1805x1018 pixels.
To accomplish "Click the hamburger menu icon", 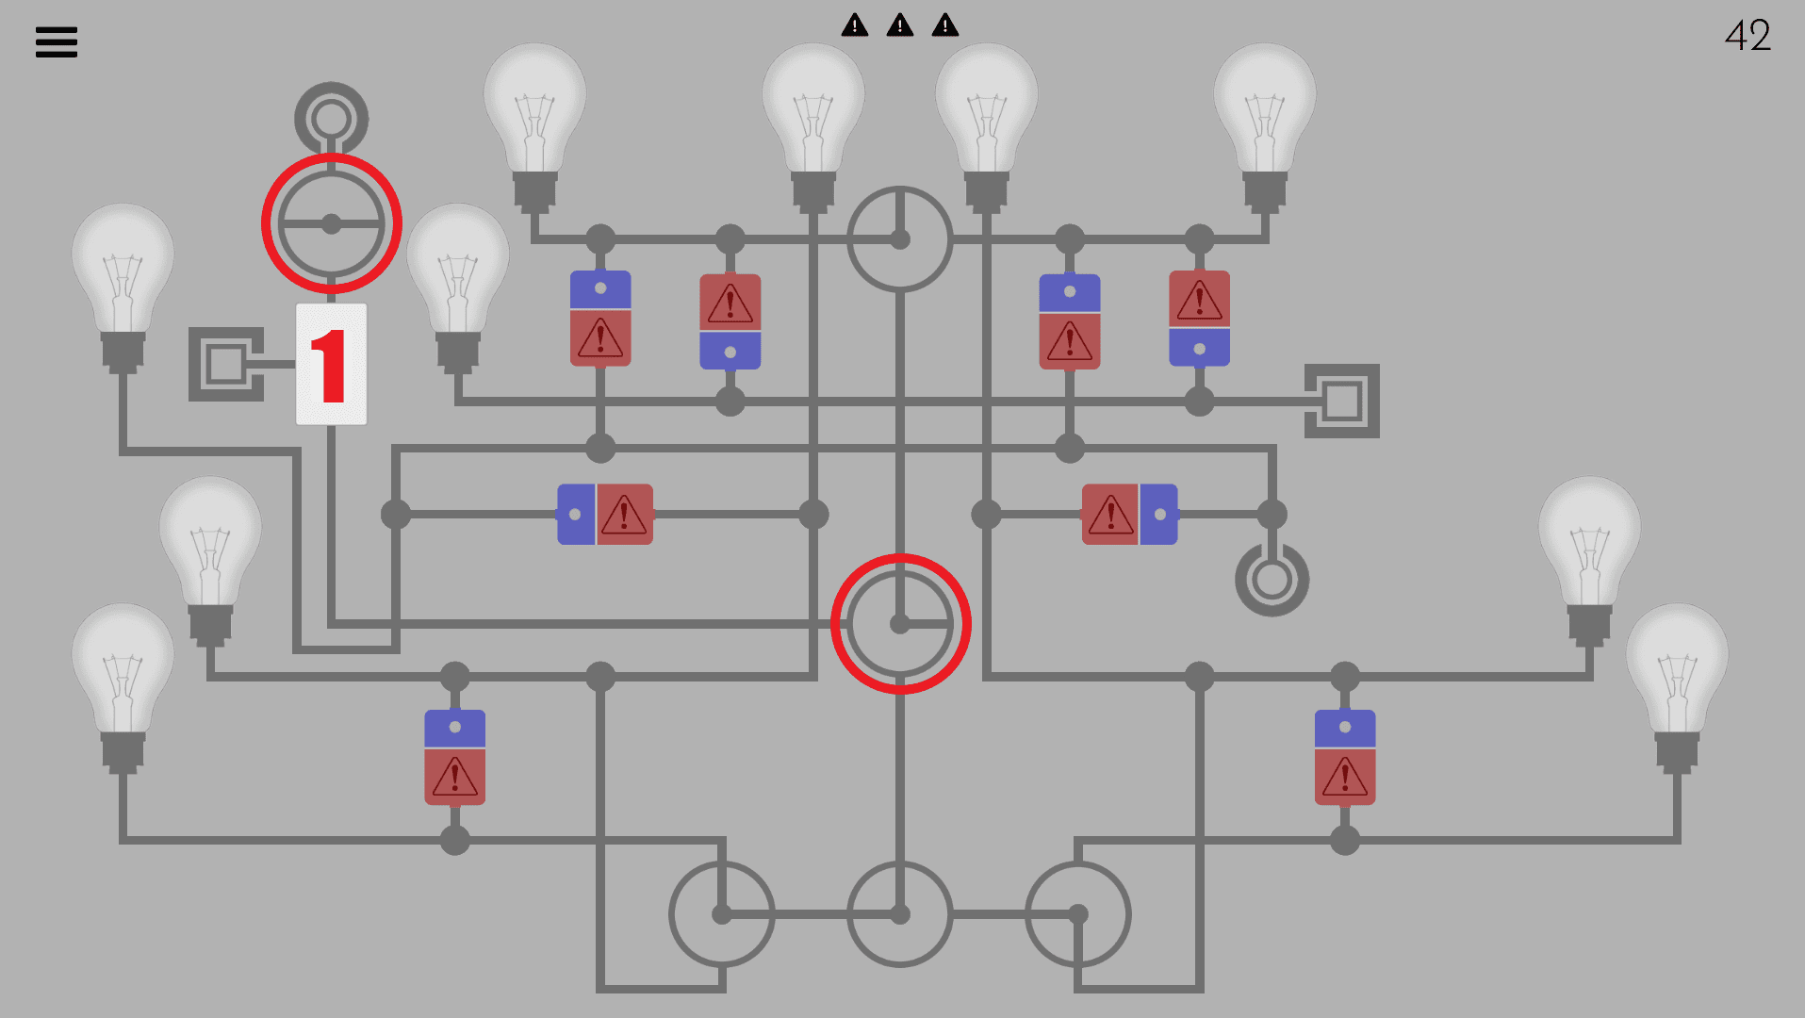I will click(x=57, y=41).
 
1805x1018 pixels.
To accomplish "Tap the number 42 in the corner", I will click(x=1748, y=36).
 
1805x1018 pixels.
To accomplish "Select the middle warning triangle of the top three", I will click(x=900, y=25).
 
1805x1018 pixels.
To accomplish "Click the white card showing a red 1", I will click(x=331, y=364).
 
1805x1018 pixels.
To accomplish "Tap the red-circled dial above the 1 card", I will click(x=332, y=224).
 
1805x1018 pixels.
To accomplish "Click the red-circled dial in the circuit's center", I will click(x=900, y=624).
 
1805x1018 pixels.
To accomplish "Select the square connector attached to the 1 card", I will click(x=226, y=364).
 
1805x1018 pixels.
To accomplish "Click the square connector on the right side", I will click(x=1341, y=401).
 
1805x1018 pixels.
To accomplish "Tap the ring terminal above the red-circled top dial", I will click(x=331, y=119).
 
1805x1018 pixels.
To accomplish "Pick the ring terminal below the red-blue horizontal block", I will click(x=1272, y=580).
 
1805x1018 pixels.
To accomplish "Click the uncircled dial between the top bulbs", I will click(x=900, y=239).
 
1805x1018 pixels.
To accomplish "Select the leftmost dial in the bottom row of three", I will click(x=722, y=914).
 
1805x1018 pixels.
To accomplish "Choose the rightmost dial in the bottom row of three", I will click(x=1077, y=914).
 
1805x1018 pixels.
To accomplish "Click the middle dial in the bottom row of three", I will click(x=900, y=914).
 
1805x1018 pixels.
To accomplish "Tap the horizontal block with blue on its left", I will click(x=604, y=515).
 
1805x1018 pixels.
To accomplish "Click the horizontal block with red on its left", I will click(x=1129, y=515).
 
